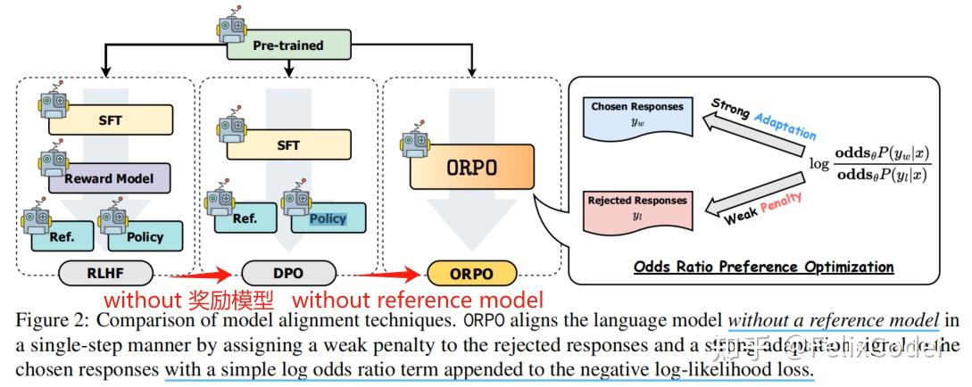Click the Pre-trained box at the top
pos(287,45)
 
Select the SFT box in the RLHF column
pos(112,119)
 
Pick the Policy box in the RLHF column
pos(145,236)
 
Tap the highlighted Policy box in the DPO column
pos(327,218)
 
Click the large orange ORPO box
pos(470,167)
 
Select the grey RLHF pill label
pos(103,273)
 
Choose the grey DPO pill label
pos(287,273)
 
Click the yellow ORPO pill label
pos(471,273)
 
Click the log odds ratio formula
pos(871,161)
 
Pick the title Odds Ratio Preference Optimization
pos(763,267)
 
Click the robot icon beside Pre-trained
pos(232,29)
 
